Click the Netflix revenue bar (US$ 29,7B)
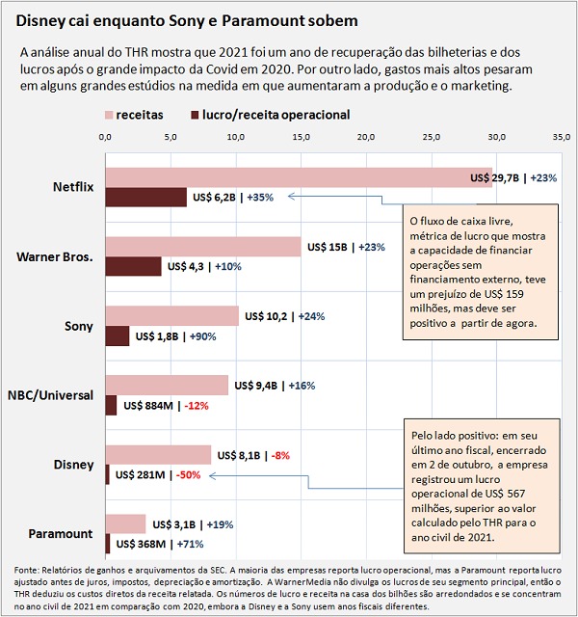[x=299, y=177]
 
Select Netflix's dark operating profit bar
[x=145, y=197]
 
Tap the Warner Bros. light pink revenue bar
[x=203, y=247]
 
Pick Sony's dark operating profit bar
[x=118, y=336]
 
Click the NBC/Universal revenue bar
[x=167, y=386]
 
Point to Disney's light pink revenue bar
[x=158, y=455]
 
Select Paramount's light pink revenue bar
[x=125, y=524]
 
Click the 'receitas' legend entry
[x=134, y=115]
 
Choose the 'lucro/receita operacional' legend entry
[x=270, y=115]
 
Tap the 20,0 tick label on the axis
[x=366, y=137]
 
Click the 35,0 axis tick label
[x=562, y=137]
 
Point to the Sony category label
[x=79, y=326]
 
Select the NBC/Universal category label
[x=50, y=395]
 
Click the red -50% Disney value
[x=189, y=475]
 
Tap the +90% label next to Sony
[x=203, y=336]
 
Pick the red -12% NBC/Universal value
[x=197, y=406]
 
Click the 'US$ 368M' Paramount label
[x=141, y=544]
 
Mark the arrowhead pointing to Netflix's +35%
[x=291, y=196]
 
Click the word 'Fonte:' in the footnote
[x=26, y=570]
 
